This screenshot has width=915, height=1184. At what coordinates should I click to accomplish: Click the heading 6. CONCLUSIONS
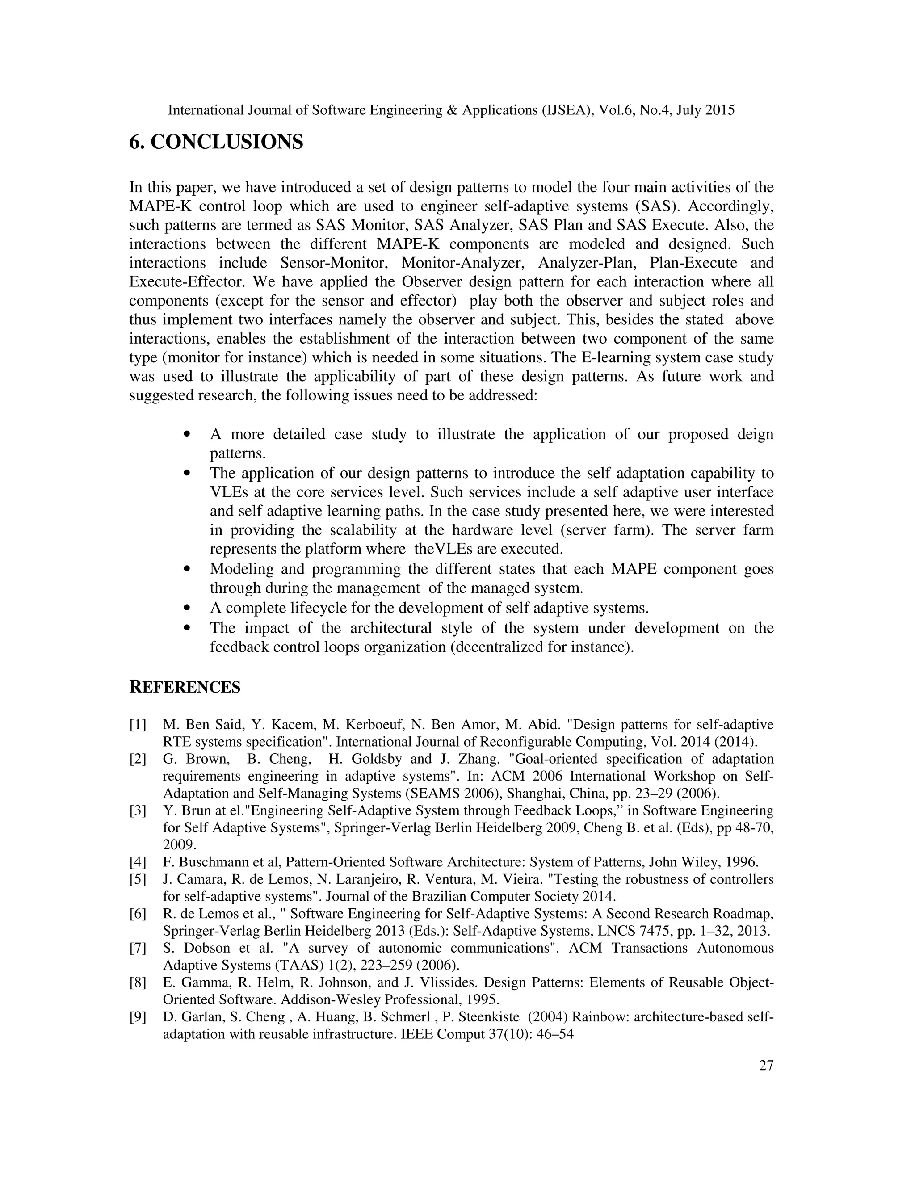[x=216, y=142]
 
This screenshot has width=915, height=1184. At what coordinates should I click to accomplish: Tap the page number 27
[x=766, y=1066]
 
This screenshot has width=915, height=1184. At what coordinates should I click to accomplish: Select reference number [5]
[x=138, y=879]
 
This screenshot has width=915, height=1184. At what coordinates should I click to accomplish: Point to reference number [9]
[x=138, y=1017]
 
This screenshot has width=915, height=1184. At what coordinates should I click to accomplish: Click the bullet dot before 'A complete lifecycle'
[x=187, y=608]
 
